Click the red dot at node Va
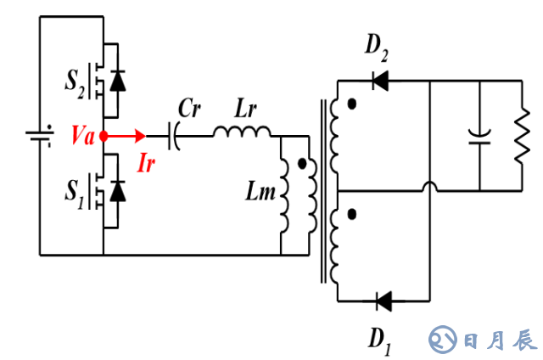[x=104, y=136]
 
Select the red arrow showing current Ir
[x=127, y=136]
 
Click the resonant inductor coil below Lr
[x=243, y=132]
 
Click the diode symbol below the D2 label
[x=381, y=81]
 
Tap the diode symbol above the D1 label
[x=382, y=300]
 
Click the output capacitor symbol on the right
[x=480, y=135]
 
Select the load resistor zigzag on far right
[x=518, y=135]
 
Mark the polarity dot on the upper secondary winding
[x=351, y=104]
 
